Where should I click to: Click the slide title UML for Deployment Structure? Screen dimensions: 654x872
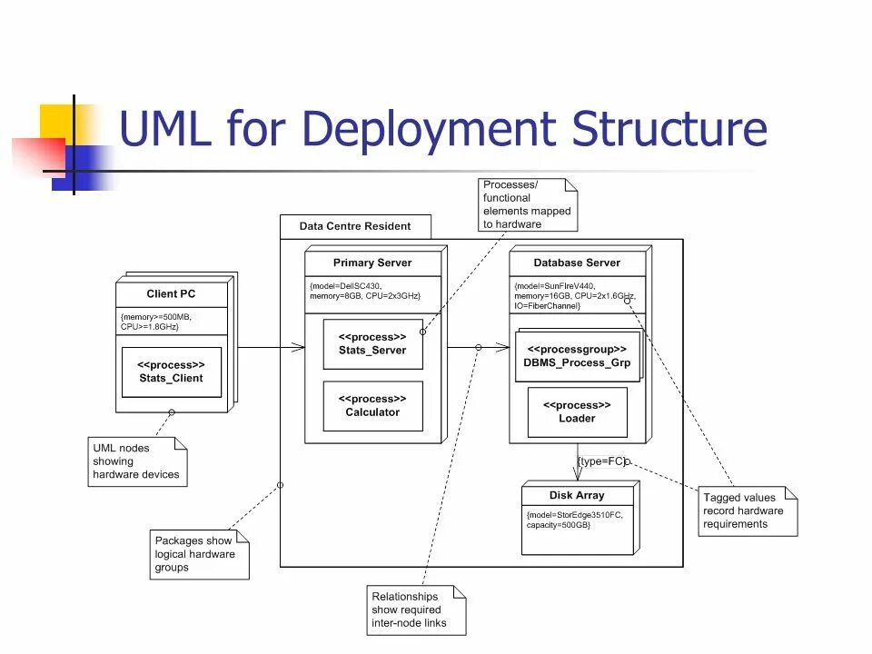coord(443,128)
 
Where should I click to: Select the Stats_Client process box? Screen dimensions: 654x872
coord(171,372)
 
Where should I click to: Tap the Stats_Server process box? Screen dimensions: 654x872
coord(372,343)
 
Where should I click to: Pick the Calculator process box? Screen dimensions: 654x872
coord(372,405)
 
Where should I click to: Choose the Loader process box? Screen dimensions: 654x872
coord(577,412)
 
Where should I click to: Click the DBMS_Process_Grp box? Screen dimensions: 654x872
coord(577,356)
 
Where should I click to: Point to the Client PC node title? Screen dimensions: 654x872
coord(171,294)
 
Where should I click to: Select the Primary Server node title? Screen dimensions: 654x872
coord(372,263)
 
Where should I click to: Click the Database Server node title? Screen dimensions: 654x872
coord(577,263)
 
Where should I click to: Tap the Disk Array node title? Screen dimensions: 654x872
coord(577,496)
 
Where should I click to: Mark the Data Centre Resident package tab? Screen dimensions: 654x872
coord(355,226)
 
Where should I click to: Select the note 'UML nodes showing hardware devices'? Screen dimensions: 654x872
coord(136,461)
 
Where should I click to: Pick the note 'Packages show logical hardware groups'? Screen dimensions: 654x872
coord(194,554)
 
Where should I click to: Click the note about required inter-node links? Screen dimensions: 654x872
coord(413,610)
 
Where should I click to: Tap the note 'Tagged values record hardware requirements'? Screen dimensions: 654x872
coord(745,510)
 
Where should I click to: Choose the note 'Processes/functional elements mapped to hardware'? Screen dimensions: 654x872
coord(527,204)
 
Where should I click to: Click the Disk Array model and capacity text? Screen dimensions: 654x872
coord(575,520)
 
